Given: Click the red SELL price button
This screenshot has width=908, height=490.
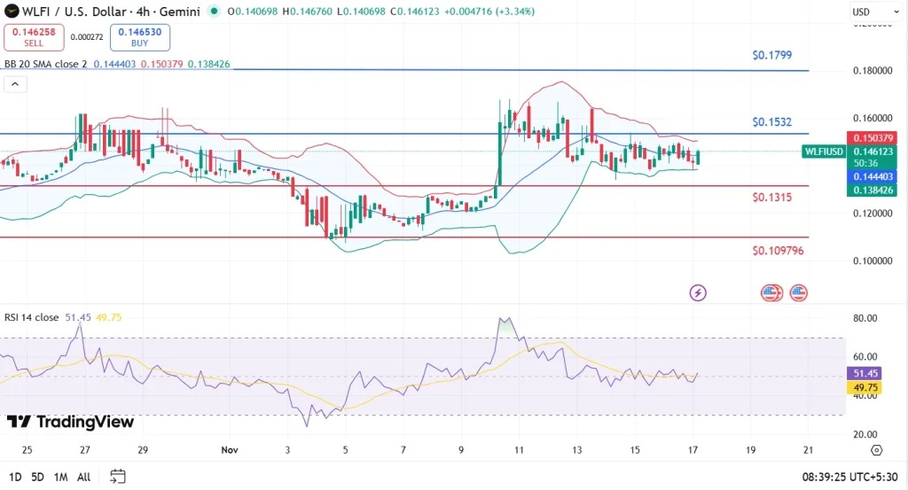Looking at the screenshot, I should click(34, 37).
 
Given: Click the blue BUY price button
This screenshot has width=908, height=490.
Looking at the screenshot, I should click(140, 37).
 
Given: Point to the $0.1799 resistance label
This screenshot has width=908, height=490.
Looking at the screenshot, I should click(771, 55).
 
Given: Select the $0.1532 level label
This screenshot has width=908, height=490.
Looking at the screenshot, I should click(771, 121).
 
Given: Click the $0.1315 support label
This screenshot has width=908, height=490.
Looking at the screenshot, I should click(771, 197).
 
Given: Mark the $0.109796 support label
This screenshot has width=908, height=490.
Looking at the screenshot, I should click(778, 251).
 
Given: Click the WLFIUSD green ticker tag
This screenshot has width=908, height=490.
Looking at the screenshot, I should click(823, 152).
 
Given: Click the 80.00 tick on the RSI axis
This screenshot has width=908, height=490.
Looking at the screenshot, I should click(865, 318).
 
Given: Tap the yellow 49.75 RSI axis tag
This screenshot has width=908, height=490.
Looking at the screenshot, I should click(865, 388).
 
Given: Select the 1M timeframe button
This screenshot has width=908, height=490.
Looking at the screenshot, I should click(60, 477).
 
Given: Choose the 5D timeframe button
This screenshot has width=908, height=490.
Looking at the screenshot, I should click(37, 477).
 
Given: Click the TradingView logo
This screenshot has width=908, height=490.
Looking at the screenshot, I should click(71, 422).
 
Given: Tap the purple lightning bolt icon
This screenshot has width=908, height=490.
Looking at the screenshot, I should click(698, 292).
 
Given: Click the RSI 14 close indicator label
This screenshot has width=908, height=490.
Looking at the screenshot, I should click(31, 316).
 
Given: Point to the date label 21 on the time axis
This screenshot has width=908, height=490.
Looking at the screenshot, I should click(807, 450).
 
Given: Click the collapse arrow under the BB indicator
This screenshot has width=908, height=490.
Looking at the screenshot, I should click(15, 84).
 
